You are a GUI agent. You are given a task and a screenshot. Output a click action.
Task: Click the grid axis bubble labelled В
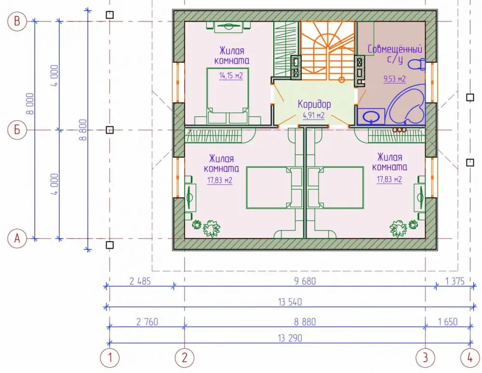pyautogui.click(x=17, y=21)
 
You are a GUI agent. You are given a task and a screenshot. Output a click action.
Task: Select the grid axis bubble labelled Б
pyautogui.click(x=17, y=130)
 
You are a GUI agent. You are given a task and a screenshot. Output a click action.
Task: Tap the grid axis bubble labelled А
pyautogui.click(x=17, y=238)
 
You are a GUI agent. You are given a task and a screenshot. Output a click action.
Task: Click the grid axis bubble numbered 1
pyautogui.click(x=110, y=358)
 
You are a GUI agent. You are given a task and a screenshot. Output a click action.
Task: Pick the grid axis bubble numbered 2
pyautogui.click(x=185, y=358)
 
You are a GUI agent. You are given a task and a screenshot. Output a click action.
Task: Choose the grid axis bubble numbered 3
pyautogui.click(x=426, y=358)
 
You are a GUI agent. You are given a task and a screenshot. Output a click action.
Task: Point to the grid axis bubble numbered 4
pyautogui.click(x=470, y=358)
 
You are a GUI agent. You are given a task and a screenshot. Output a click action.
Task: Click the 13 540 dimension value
pyautogui.click(x=290, y=302)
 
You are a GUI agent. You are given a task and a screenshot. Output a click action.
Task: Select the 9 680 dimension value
pyautogui.click(x=305, y=281)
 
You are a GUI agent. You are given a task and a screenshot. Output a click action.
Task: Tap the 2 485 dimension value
pyautogui.click(x=140, y=281)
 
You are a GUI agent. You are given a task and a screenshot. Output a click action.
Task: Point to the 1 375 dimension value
pyautogui.click(x=455, y=281)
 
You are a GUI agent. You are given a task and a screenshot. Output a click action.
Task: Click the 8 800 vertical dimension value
pyautogui.click(x=83, y=130)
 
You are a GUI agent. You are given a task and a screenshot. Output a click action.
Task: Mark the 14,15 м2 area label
pyautogui.click(x=231, y=76)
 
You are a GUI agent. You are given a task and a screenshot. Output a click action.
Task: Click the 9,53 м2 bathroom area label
pyautogui.click(x=394, y=79)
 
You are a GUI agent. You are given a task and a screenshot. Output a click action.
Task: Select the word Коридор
pyautogui.click(x=314, y=104)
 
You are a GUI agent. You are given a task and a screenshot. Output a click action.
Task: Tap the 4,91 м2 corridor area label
pyautogui.click(x=314, y=116)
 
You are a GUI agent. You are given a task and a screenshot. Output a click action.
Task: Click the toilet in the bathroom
pyautogui.click(x=416, y=64)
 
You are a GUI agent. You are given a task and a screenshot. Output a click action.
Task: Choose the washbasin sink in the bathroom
pyautogui.click(x=371, y=117)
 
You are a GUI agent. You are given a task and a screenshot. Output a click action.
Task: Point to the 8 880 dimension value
pyautogui.click(x=305, y=322)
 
